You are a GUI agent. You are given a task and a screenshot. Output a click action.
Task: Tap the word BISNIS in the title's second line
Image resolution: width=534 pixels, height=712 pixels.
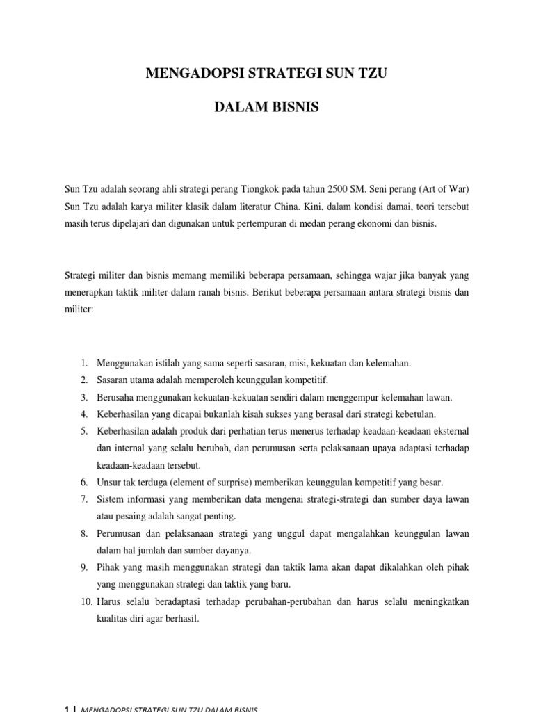pyautogui.click(x=293, y=109)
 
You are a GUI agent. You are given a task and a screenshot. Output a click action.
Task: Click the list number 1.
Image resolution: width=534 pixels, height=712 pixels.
pyautogui.click(x=83, y=363)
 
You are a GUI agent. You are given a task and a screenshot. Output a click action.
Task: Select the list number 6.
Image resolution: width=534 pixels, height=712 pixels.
pyautogui.click(x=83, y=482)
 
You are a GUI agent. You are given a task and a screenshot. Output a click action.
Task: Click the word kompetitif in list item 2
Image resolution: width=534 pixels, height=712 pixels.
pyautogui.click(x=307, y=380)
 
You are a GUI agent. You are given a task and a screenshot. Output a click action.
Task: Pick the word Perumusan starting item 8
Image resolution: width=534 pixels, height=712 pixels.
pyautogui.click(x=119, y=533)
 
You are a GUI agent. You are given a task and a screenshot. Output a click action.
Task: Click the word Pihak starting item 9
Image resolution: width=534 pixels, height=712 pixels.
pyautogui.click(x=108, y=567)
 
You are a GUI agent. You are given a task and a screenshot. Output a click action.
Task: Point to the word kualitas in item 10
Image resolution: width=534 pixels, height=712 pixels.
pyautogui.click(x=113, y=618)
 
